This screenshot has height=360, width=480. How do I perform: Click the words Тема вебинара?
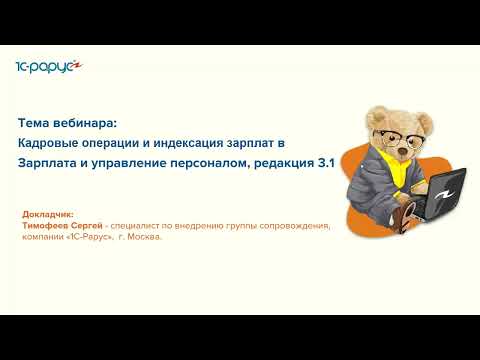tap(67, 124)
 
